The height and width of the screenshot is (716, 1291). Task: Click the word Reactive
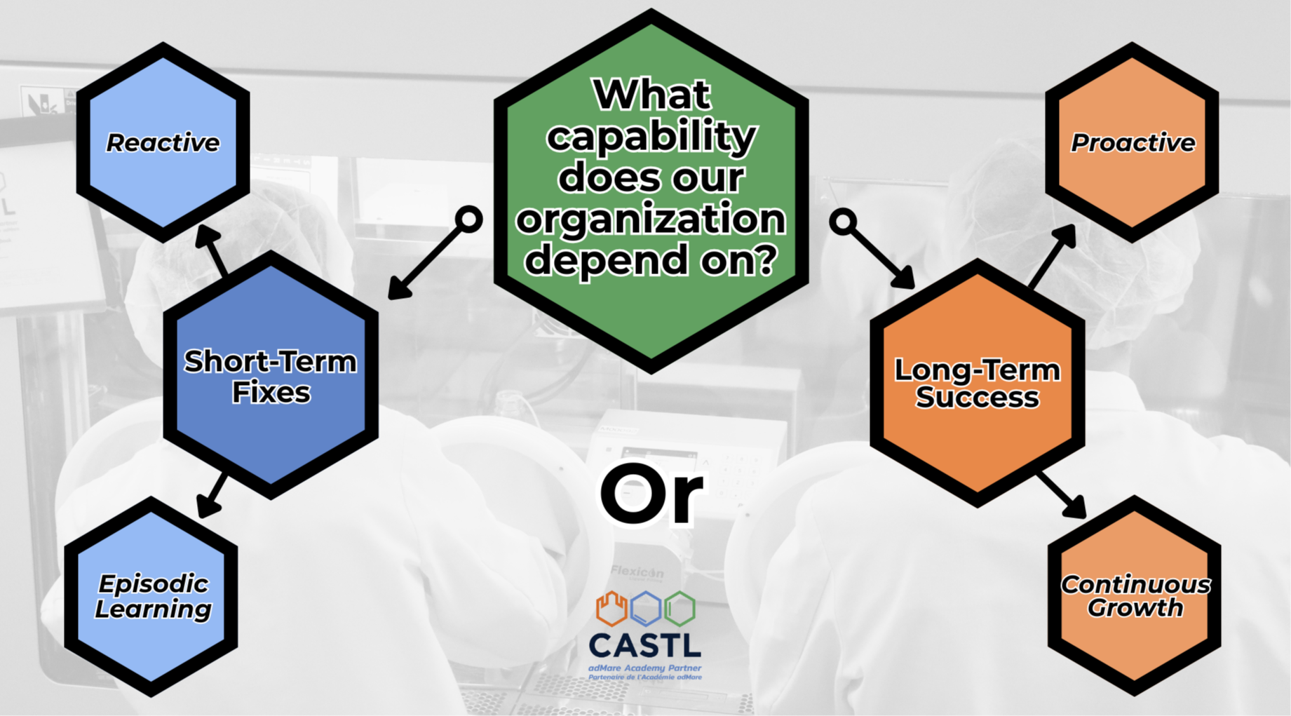(x=163, y=143)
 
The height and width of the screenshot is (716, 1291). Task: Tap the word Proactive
(x=1133, y=143)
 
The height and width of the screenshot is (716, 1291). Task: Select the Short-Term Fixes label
(x=271, y=377)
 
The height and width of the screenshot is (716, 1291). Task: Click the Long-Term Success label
(x=977, y=383)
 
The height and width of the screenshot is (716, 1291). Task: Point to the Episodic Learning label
(x=153, y=596)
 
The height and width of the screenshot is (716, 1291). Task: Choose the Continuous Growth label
(x=1135, y=596)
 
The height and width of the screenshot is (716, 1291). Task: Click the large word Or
(x=651, y=494)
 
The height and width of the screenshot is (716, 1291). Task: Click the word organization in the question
(x=651, y=219)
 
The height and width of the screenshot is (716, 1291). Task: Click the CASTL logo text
(x=644, y=645)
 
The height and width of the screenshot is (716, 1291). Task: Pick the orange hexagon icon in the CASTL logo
(x=611, y=608)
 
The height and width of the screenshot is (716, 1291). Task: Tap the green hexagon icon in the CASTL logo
(x=680, y=608)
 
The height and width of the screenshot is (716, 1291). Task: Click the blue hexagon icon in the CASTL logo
(x=646, y=609)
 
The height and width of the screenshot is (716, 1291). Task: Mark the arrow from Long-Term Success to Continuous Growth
(x=1062, y=495)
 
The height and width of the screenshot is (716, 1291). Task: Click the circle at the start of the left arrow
(x=469, y=219)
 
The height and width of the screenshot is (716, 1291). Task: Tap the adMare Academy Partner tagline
(x=644, y=668)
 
